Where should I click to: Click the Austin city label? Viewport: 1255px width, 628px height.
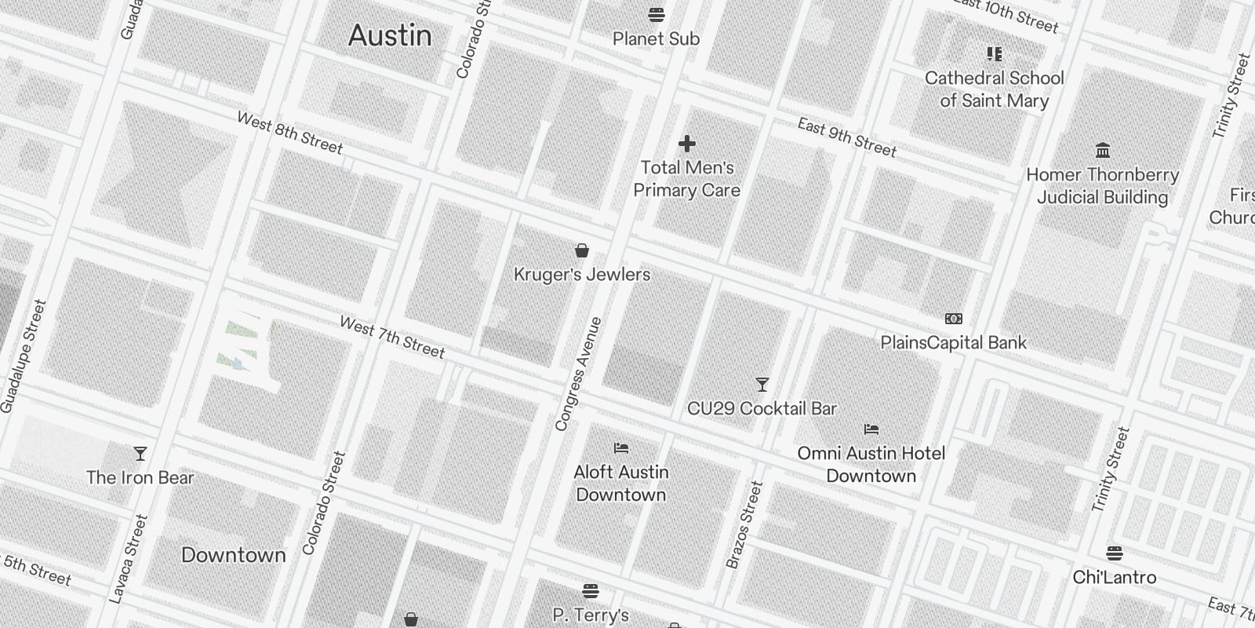point(390,35)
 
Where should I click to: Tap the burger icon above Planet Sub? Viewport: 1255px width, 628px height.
point(657,14)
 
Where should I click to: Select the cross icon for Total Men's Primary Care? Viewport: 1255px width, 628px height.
point(687,144)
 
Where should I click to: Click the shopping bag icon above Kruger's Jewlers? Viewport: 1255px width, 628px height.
point(582,250)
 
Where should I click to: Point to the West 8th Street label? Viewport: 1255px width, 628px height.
point(289,133)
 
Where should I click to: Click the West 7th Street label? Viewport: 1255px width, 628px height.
point(392,337)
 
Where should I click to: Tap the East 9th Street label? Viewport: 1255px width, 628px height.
point(846,137)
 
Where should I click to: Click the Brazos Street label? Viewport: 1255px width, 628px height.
point(744,524)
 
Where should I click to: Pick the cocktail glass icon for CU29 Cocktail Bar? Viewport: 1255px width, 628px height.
point(762,385)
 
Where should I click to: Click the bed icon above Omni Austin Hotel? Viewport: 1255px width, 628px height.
point(871,429)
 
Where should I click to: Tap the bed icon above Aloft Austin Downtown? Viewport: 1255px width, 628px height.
point(621,448)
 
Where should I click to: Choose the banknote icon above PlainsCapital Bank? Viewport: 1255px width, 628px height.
point(954,319)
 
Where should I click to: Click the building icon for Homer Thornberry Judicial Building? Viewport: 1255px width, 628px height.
point(1103,150)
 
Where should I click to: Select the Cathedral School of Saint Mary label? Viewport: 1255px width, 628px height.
point(994,89)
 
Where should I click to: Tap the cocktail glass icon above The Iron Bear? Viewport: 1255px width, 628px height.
point(140,454)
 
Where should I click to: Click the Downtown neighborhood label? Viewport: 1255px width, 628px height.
point(234,555)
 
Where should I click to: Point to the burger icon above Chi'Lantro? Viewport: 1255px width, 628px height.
point(1115,553)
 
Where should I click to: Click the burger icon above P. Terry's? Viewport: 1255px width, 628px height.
point(591,590)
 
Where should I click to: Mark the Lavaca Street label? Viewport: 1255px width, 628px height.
point(129,559)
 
